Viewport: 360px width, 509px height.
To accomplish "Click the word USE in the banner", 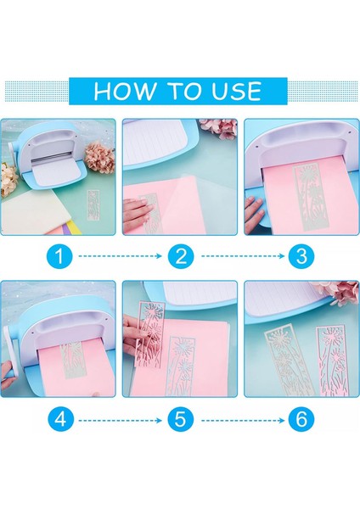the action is (236, 91).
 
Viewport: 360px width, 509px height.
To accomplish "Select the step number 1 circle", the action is (59, 256).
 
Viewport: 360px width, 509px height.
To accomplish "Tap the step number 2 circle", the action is (181, 256).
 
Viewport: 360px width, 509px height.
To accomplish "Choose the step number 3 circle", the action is (301, 256).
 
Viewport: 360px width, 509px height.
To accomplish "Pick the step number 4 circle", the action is (59, 419).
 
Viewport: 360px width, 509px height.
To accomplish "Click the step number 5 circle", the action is (181, 419).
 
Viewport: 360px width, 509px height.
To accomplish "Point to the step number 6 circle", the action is (301, 419).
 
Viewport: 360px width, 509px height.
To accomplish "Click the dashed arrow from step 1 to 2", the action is (121, 256).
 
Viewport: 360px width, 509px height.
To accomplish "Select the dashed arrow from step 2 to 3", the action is (243, 256).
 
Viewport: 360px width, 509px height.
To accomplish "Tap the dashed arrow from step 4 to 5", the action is (121, 421).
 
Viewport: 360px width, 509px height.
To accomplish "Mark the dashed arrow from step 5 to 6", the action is (243, 421).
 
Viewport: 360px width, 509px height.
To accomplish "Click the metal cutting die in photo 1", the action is (93, 204).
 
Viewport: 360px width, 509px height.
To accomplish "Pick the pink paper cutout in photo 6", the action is (332, 361).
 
